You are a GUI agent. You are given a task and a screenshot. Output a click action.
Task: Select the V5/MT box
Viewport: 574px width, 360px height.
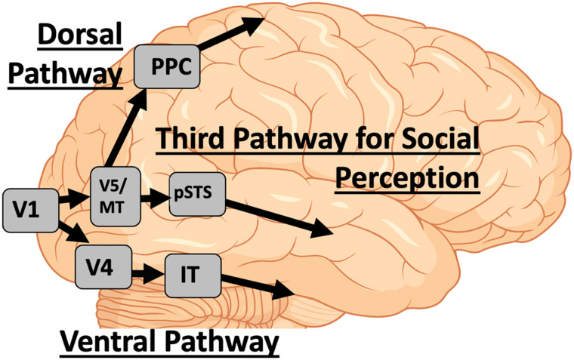coord(116,194)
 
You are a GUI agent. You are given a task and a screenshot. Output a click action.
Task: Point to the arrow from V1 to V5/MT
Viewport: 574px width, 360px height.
coord(75,199)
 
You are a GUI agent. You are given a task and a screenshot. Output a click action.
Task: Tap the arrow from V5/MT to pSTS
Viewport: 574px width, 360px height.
coord(156,198)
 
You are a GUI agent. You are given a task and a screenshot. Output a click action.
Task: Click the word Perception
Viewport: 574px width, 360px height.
coord(408,179)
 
